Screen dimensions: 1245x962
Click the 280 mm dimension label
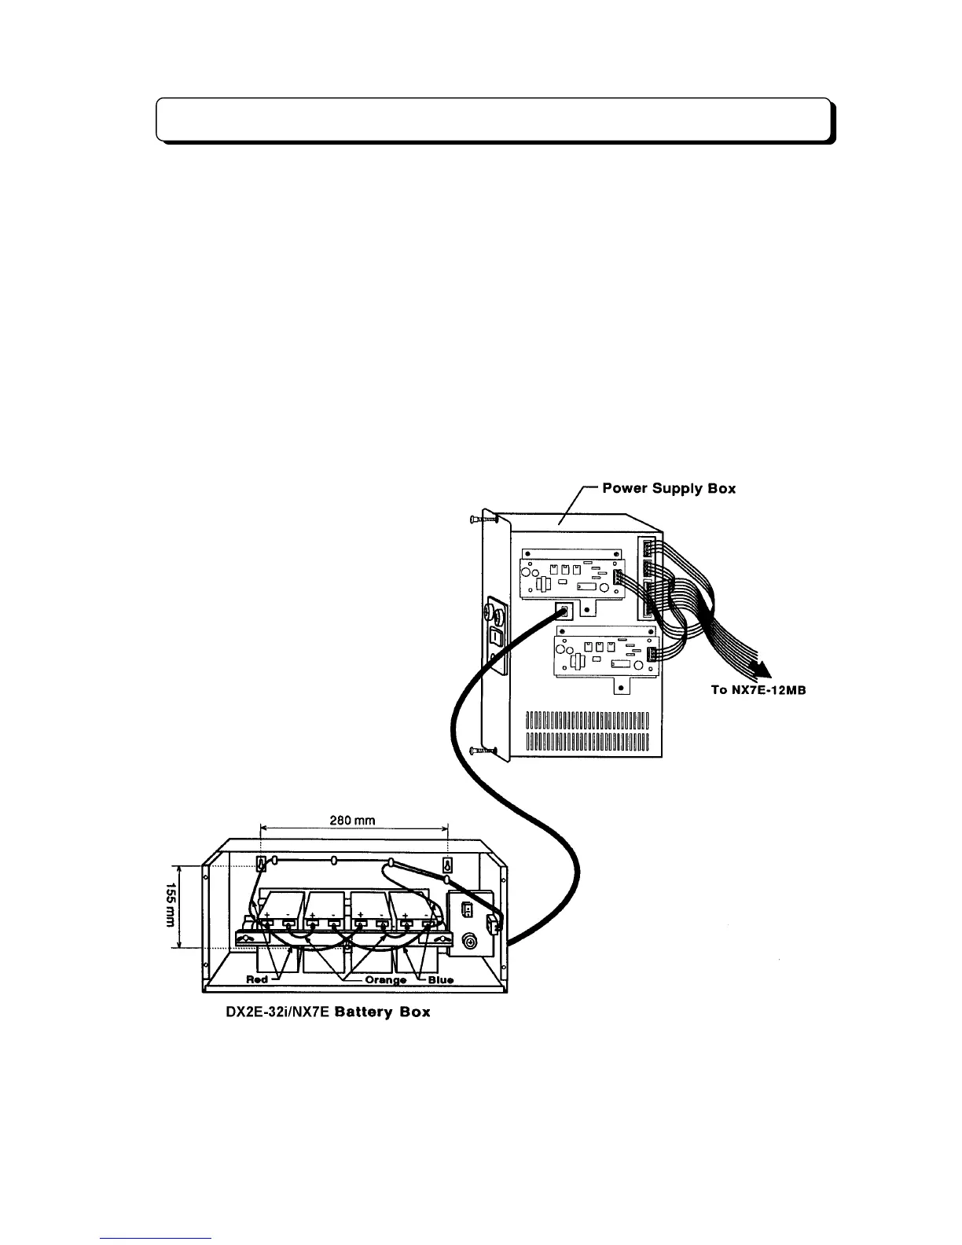[x=353, y=821]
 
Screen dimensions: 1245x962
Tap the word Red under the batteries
[x=257, y=979]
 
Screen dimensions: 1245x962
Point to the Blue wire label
[x=440, y=980]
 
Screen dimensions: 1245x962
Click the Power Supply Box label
[x=669, y=488]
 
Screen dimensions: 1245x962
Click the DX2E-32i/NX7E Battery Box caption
[x=323, y=1012]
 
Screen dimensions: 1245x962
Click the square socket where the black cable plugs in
[x=564, y=611]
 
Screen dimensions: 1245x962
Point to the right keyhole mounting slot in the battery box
[x=448, y=864]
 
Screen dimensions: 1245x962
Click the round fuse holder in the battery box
[x=470, y=942]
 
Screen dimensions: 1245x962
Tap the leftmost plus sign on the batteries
[x=266, y=916]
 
